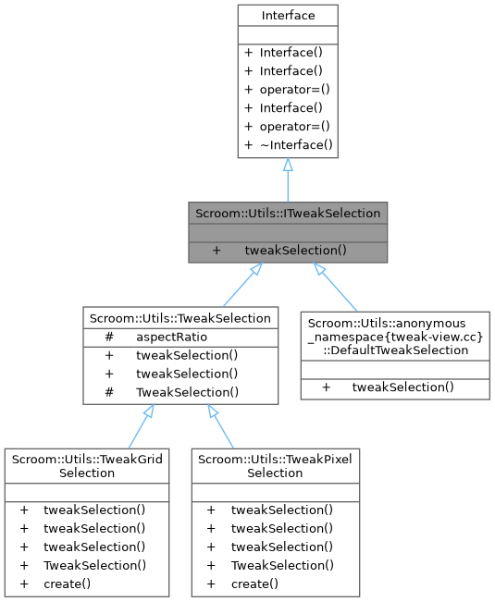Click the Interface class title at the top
point(287,15)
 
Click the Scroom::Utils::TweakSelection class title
point(180,318)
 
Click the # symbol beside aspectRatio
point(109,337)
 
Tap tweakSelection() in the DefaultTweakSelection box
point(402,386)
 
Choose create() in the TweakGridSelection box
point(67,583)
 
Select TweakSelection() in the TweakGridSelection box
point(93,564)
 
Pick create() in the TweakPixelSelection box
point(254,583)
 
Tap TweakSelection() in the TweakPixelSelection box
point(281,564)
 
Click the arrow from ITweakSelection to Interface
point(288,180)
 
